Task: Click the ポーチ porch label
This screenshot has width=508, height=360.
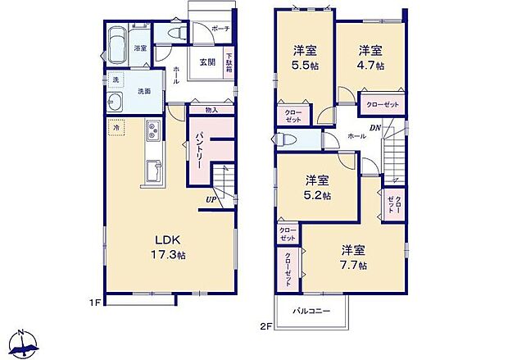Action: [220, 29]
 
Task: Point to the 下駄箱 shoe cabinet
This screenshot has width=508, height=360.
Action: [229, 62]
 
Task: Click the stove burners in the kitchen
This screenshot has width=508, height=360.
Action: [152, 130]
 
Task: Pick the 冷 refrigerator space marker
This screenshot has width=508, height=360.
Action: [117, 128]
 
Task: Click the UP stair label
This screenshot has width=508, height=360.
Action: [211, 198]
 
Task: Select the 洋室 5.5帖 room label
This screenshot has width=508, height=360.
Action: [306, 59]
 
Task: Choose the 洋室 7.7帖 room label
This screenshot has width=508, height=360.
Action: [353, 257]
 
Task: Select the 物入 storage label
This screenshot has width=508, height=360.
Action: [211, 110]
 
